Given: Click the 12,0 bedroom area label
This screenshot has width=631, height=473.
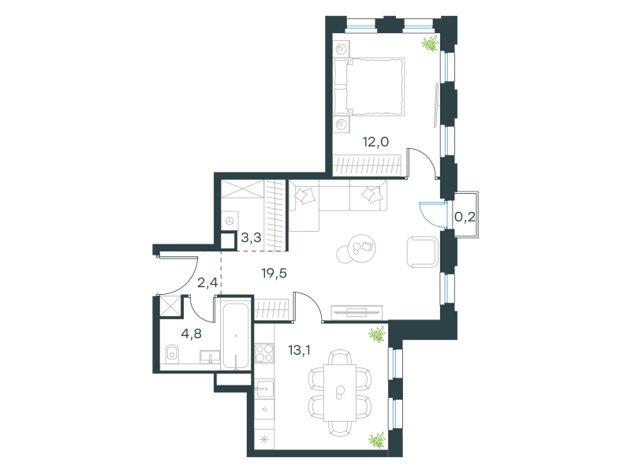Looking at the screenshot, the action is tap(376, 142).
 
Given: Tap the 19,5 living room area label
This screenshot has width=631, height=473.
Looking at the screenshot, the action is tap(274, 274).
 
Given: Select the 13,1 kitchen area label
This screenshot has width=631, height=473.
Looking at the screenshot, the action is tap(300, 350).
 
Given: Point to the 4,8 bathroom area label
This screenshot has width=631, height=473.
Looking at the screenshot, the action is tap(191, 333).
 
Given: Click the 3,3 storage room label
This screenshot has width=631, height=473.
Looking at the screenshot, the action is tap(251, 238).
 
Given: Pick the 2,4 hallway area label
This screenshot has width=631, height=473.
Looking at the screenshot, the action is tap(207, 283).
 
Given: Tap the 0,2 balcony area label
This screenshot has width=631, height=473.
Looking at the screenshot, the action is tap(465, 218).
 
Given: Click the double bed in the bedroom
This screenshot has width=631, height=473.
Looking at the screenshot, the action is tap(369, 87).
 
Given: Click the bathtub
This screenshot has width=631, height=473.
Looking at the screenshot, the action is tap(236, 337).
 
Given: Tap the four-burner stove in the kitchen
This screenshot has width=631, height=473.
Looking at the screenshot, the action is tap(264, 352).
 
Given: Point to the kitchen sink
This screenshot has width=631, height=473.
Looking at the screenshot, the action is tap(264, 389).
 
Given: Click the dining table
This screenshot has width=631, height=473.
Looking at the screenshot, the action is tap(340, 393).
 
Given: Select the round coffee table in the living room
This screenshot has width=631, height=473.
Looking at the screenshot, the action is tap(357, 248).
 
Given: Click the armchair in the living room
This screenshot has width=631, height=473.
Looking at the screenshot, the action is tap(423, 252).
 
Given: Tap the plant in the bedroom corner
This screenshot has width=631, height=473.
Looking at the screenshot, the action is tap(430, 43).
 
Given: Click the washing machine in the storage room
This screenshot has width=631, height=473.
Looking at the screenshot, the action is tap(230, 221).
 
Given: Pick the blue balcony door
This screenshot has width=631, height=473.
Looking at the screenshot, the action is tap(433, 215).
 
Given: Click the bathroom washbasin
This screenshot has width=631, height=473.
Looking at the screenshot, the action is tap(210, 357).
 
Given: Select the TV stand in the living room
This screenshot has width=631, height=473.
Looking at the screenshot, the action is tap(357, 312).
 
